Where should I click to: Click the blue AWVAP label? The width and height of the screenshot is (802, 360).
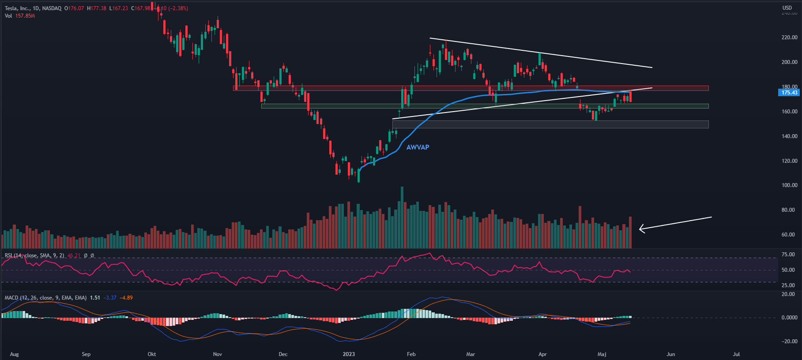[418, 147]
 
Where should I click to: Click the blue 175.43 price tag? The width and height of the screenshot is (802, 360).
[789, 93]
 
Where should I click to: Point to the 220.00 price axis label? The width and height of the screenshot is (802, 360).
[789, 37]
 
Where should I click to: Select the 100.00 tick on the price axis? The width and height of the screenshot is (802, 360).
[789, 185]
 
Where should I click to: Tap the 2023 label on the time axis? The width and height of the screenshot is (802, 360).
[349, 354]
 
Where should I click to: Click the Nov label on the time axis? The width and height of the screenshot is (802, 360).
[217, 354]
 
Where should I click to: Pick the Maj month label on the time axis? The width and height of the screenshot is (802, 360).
[602, 354]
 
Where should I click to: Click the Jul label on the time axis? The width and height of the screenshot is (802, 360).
[736, 354]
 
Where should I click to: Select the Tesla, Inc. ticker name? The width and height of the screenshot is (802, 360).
[17, 8]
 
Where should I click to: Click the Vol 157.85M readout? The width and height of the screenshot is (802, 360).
[20, 16]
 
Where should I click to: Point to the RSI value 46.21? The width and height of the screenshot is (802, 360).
[74, 255]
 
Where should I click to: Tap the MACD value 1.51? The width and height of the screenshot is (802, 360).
[95, 298]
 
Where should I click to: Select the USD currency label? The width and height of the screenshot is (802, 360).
[787, 7]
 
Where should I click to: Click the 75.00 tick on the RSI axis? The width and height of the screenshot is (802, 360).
[788, 255]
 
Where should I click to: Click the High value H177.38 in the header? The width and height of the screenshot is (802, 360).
[97, 8]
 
